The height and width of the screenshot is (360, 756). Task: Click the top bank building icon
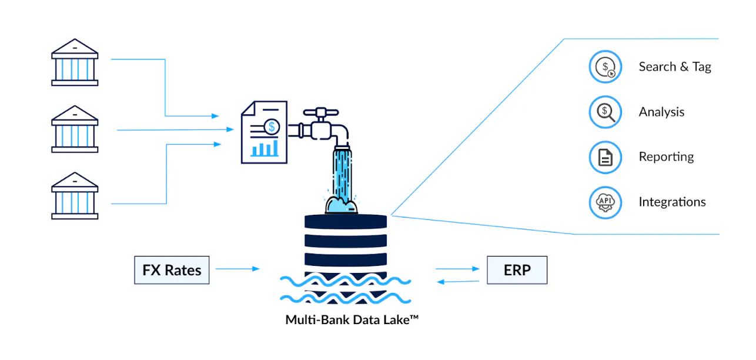tap(75, 62)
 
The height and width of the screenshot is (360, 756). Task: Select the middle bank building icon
tap(75, 129)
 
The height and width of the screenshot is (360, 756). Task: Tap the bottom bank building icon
tap(75, 196)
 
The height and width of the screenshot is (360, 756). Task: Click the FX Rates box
tap(172, 270)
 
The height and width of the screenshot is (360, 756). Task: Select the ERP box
tap(517, 270)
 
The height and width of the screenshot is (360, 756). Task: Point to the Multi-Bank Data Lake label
tap(352, 319)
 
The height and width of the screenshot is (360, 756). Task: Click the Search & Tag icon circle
tap(605, 66)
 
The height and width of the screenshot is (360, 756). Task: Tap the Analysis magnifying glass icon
tap(605, 112)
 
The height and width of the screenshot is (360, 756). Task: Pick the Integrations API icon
tap(605, 202)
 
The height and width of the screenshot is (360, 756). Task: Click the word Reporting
tap(666, 156)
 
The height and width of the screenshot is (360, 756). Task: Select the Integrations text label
tap(672, 202)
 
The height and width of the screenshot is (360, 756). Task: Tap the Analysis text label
tap(661, 112)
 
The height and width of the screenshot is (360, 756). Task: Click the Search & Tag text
tap(675, 66)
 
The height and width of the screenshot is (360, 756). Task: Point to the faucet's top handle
tap(320, 112)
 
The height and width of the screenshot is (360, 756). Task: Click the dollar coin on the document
tap(272, 127)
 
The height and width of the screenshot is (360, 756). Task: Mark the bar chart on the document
tap(265, 149)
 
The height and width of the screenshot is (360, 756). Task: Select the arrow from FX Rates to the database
tap(237, 269)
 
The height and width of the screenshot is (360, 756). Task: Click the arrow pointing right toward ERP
tap(457, 269)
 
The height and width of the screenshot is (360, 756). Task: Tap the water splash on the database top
tap(341, 204)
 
